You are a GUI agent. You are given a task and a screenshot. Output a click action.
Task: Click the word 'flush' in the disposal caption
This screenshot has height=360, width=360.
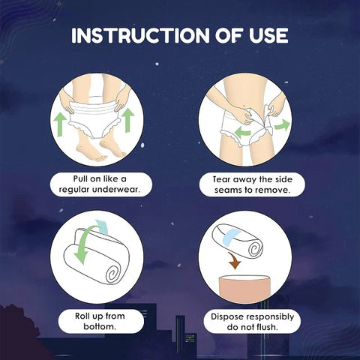click(268, 328)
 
